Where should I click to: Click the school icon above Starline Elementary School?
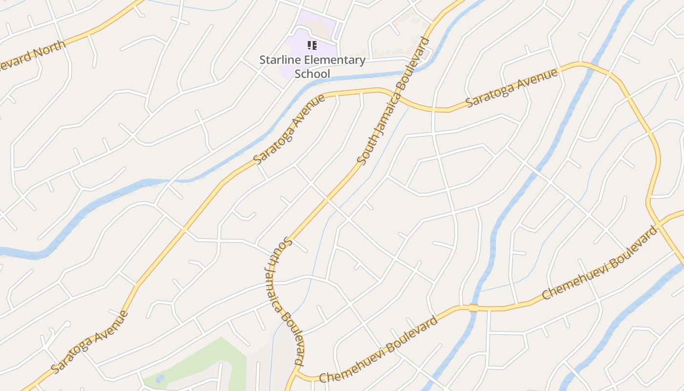click(312, 46)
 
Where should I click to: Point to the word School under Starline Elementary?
click(312, 74)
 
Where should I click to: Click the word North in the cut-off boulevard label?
click(49, 51)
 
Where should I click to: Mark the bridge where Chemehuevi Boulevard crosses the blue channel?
click(473, 307)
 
